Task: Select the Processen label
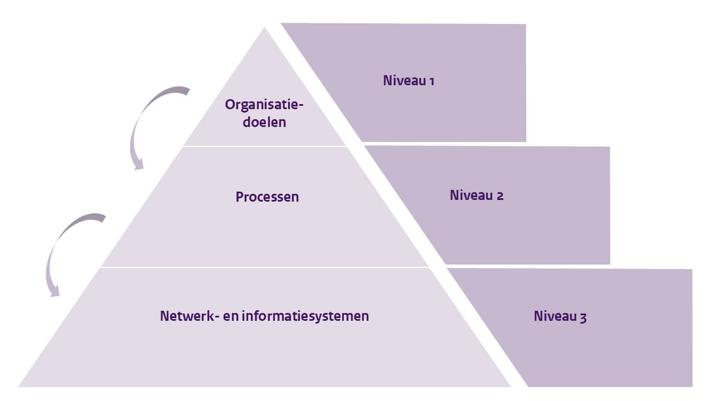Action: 267,197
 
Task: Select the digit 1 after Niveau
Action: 431,81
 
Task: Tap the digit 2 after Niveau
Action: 500,196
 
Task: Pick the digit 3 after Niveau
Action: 583,317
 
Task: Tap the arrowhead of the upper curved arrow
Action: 137,163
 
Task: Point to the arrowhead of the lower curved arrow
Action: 54,290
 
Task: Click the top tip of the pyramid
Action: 265,29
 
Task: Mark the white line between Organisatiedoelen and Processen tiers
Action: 265,146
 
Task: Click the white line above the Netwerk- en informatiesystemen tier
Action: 265,267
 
